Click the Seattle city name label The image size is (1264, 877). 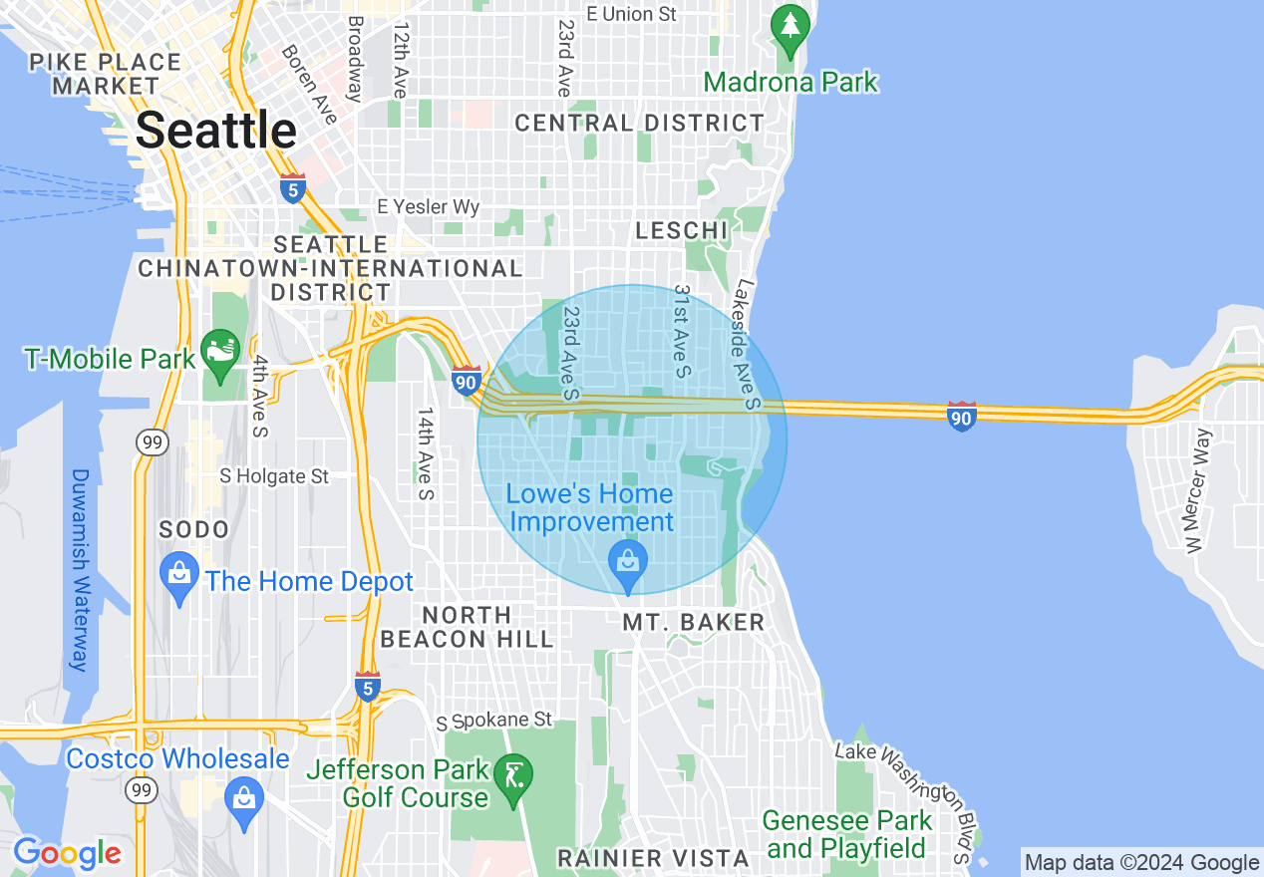click(216, 131)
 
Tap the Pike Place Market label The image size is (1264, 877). click(106, 74)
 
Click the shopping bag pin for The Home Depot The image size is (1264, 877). click(179, 576)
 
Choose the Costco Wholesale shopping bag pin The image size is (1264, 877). click(243, 798)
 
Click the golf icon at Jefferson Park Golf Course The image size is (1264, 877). click(515, 775)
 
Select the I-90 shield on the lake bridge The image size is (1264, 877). click(961, 415)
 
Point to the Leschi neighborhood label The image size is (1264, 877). click(682, 230)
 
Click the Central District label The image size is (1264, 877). click(639, 123)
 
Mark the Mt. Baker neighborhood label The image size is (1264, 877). click(694, 623)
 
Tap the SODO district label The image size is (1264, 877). click(194, 529)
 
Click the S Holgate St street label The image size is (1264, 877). click(274, 476)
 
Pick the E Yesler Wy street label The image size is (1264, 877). click(429, 207)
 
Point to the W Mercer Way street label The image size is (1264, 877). click(1196, 489)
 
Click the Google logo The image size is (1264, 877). click(67, 853)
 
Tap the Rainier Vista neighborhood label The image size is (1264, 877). click(653, 858)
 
